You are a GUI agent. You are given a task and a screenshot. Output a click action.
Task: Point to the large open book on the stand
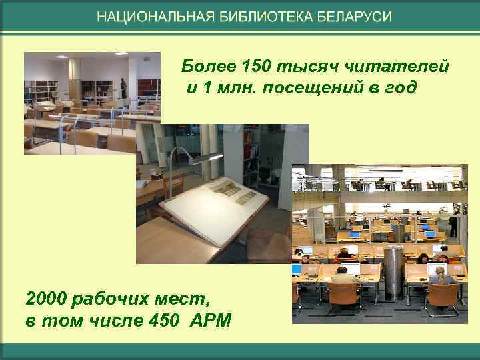pyautogui.click(x=213, y=200)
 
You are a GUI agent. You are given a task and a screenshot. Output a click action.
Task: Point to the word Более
pyautogui.click(x=202, y=67)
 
